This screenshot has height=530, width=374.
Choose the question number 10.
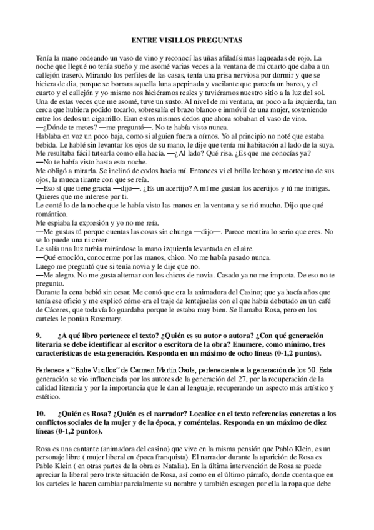[x=41, y=414]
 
